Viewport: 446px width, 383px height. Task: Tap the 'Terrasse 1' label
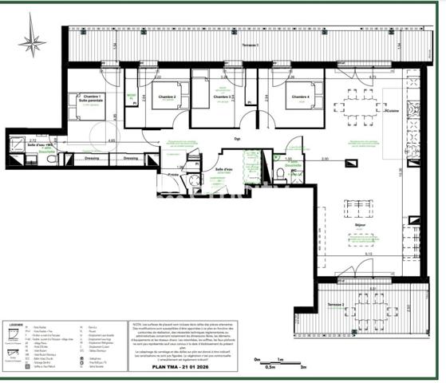pyautogui.click(x=250, y=45)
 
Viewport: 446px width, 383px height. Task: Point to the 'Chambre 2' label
pyautogui.click(x=167, y=97)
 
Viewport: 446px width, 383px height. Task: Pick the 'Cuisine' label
pyautogui.click(x=393, y=113)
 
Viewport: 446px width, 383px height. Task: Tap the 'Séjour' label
pyautogui.click(x=359, y=226)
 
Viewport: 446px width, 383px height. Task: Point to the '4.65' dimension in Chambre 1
pyautogui.click(x=111, y=140)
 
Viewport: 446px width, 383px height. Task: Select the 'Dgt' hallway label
pyautogui.click(x=237, y=139)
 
